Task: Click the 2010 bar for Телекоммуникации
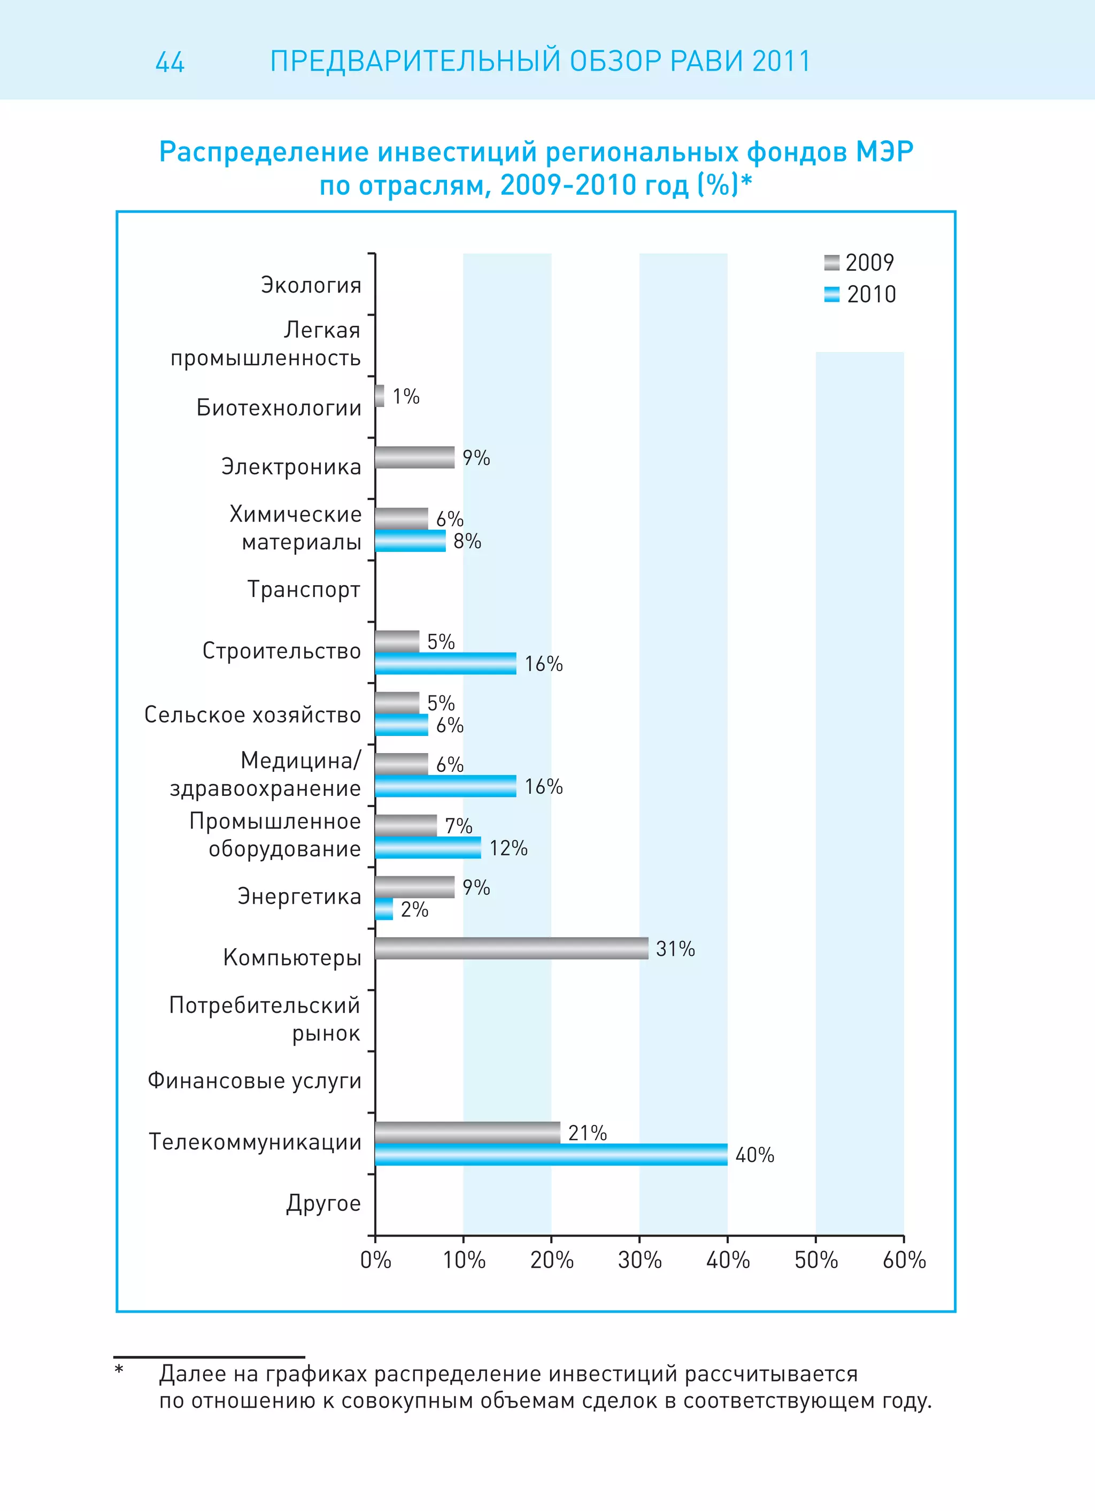[551, 1155]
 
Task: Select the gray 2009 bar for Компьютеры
[512, 948]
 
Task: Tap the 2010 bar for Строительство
[445, 664]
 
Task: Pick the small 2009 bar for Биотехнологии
[380, 396]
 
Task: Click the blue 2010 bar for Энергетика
[384, 909]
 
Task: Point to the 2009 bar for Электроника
[414, 457]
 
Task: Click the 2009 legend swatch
[831, 263]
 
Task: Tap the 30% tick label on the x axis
[639, 1260]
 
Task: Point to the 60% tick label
[904, 1260]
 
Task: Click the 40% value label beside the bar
[754, 1155]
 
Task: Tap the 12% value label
[508, 848]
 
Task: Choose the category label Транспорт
[304, 589]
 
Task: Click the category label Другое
[323, 1203]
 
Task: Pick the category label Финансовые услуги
[254, 1080]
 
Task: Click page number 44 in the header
[170, 62]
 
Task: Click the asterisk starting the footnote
[119, 1370]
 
